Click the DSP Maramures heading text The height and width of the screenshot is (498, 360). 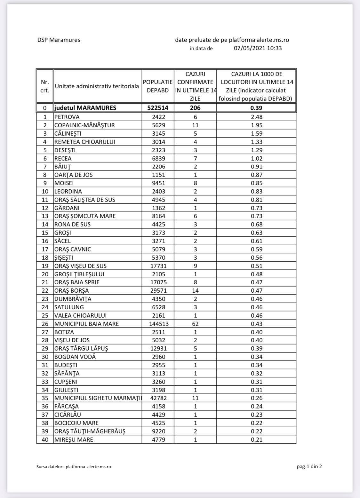(x=59, y=40)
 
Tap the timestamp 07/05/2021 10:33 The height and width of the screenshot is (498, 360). (x=258, y=48)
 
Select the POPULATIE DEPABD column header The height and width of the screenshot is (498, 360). (x=158, y=86)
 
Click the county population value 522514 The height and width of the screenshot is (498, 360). (x=158, y=108)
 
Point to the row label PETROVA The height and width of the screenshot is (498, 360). (x=67, y=117)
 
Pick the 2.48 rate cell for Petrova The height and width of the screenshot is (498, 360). (x=256, y=117)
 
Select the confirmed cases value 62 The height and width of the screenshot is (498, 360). (x=195, y=324)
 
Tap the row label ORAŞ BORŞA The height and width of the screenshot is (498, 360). (x=72, y=291)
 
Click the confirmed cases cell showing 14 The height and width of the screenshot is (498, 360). (x=195, y=291)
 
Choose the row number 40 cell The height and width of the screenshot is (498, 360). (x=45, y=439)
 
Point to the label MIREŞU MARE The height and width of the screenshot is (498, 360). (x=74, y=439)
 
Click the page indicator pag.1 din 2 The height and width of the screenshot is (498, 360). (x=309, y=466)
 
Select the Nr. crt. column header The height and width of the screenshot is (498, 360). (x=45, y=86)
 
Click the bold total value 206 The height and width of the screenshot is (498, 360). (x=195, y=108)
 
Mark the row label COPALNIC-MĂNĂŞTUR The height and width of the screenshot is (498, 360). (x=84, y=125)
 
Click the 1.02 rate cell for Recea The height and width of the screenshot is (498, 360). (x=256, y=158)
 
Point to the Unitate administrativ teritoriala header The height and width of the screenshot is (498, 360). (x=97, y=86)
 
